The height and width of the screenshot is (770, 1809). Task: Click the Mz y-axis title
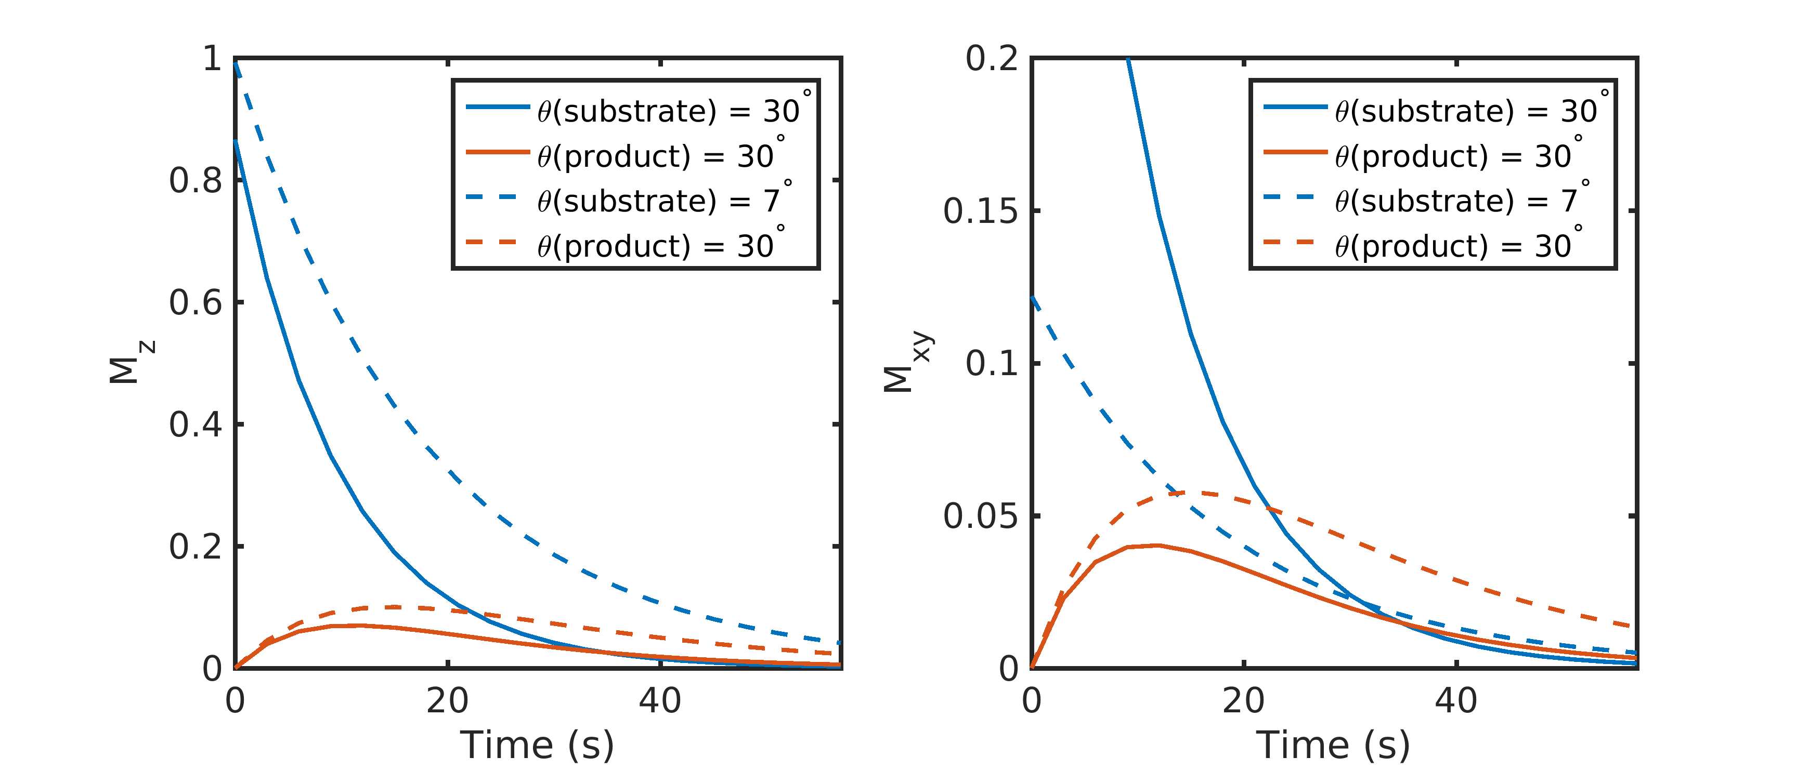130,362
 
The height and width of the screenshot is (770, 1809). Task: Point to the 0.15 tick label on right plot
980,211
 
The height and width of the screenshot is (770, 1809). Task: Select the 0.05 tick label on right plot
980,516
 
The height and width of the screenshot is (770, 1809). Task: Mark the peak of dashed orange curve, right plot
1187,493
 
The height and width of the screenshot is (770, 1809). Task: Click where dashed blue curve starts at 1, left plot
236,63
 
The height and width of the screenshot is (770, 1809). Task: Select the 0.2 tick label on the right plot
991,59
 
